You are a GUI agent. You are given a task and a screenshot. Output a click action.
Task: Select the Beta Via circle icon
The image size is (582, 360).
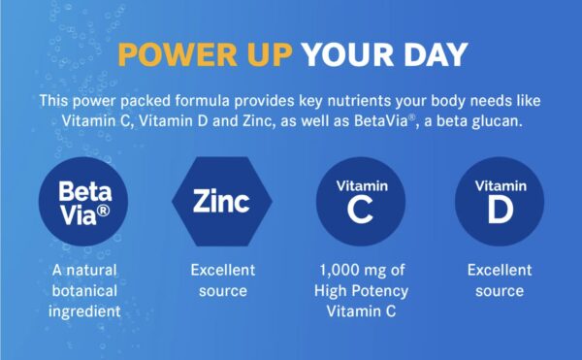click(82, 201)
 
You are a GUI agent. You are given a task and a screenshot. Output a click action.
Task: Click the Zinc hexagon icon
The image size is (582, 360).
click(221, 201)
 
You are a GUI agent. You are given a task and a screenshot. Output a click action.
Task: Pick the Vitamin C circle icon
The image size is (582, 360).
click(360, 201)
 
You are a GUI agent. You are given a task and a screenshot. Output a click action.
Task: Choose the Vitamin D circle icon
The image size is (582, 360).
click(500, 201)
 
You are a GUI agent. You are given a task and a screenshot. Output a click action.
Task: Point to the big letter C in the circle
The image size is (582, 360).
click(360, 210)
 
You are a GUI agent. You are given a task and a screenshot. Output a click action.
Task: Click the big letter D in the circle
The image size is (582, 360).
click(500, 210)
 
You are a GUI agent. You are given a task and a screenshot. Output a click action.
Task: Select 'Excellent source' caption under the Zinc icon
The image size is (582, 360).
click(221, 280)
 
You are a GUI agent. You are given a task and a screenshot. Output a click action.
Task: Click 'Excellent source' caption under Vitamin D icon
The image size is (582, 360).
click(500, 280)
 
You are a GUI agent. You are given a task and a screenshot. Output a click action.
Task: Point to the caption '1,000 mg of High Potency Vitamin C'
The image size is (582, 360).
click(360, 290)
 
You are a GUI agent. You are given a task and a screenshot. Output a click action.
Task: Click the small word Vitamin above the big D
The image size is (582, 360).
click(500, 184)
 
